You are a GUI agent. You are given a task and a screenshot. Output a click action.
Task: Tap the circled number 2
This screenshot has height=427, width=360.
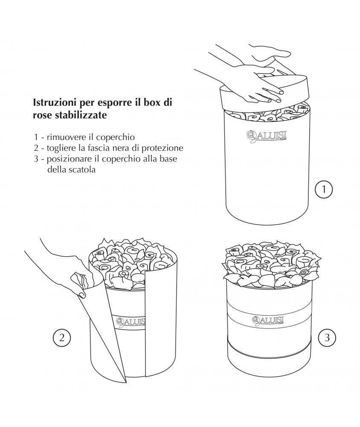pos(61,338)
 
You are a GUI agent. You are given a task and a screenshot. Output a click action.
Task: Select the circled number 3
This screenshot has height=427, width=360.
pos(327,338)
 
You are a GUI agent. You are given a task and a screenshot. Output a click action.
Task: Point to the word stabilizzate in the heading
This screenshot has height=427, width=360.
pos(77,115)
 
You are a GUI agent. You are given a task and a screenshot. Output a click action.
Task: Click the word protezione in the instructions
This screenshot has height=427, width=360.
pos(165,148)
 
